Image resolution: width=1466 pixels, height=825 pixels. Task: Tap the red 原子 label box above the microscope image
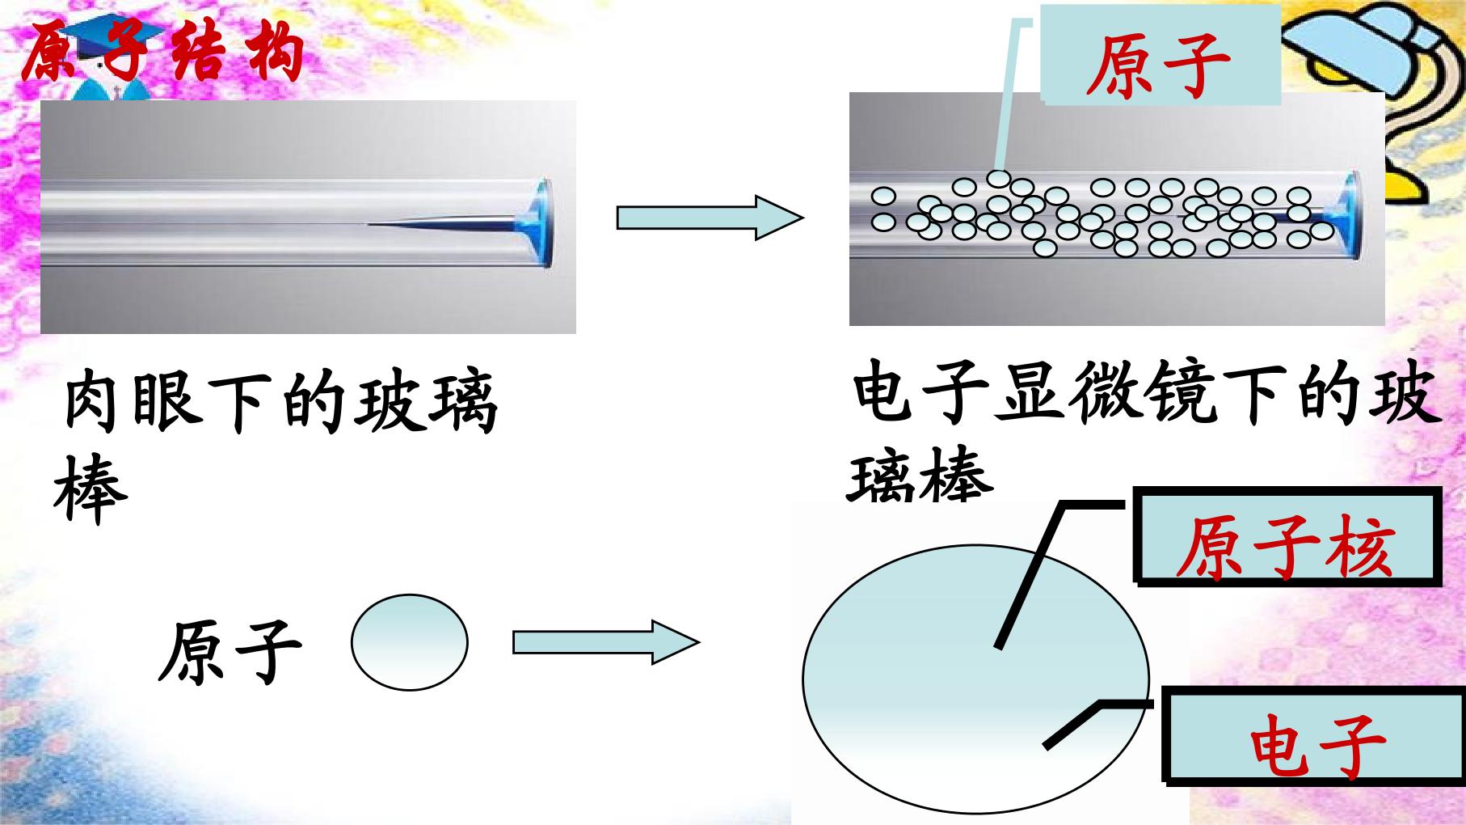coord(1160,55)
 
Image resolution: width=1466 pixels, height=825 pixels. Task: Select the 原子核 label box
coord(1287,536)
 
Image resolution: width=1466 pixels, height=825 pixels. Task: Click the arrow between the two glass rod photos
coord(710,218)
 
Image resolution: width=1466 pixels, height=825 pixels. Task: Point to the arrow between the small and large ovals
coord(606,643)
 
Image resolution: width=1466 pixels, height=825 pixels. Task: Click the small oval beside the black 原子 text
coord(410,642)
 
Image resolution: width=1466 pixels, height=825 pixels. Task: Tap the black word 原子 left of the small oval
coord(230,652)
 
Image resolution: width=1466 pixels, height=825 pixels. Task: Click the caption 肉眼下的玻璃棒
coord(275,445)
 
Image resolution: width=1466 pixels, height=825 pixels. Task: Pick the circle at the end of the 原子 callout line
coord(1000,179)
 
